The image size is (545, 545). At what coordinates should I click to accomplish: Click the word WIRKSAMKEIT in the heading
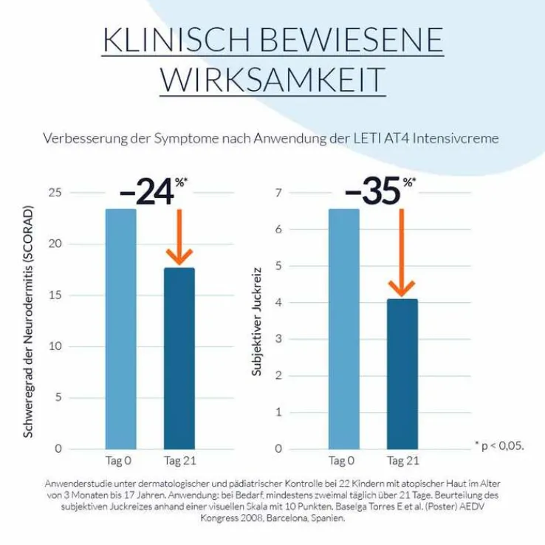273,78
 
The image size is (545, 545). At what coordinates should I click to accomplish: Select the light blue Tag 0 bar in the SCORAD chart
120,329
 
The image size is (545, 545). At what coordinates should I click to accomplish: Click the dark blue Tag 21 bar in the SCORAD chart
179,358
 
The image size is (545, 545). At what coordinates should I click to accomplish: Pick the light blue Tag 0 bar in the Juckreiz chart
343,329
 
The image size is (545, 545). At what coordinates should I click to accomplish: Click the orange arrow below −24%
179,236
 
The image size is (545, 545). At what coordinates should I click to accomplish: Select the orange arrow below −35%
402,251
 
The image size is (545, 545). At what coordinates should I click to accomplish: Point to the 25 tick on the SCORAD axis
75,193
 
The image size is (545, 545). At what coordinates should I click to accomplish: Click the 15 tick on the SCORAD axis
75,295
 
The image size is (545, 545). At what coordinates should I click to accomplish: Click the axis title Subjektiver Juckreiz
257,322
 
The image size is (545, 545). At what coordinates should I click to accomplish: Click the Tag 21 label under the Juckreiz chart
402,462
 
